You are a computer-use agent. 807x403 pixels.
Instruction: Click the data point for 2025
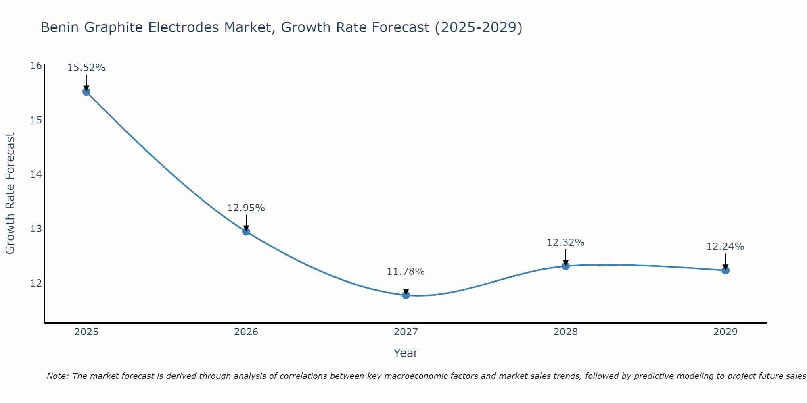click(86, 92)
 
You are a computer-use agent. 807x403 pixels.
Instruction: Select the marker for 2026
click(246, 231)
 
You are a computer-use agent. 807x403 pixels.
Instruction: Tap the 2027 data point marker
click(406, 295)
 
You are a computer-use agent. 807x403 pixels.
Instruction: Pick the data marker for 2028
click(566, 266)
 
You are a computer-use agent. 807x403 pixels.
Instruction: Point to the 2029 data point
click(725, 270)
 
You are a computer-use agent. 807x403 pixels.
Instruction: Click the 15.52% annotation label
click(86, 68)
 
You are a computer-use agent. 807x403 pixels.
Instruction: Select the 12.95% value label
click(246, 208)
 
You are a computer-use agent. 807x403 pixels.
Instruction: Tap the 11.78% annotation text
click(406, 272)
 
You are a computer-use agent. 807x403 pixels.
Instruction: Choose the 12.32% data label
click(566, 243)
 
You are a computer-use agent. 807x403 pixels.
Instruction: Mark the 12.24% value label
click(725, 247)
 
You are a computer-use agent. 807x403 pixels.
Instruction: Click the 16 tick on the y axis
click(36, 66)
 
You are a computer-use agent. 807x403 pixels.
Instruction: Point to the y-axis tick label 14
click(36, 174)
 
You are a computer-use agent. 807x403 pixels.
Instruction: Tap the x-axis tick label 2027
click(406, 332)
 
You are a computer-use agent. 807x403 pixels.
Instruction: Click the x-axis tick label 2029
click(725, 332)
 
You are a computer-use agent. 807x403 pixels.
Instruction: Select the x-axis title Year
click(406, 353)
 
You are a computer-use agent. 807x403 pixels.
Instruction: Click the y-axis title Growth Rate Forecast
click(10, 193)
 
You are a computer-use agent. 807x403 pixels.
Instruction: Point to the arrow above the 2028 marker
click(566, 257)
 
